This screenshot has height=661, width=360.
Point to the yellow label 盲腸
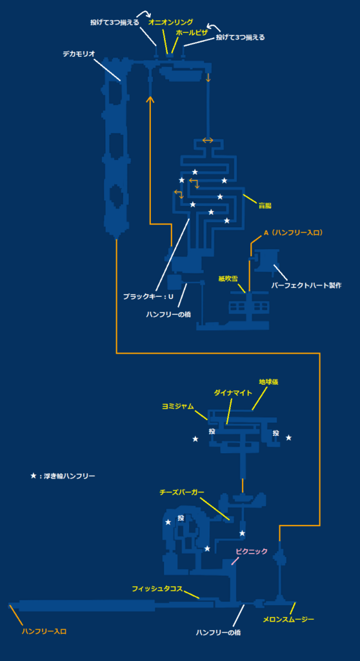pos(265,205)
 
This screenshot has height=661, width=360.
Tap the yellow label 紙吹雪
pos(228,279)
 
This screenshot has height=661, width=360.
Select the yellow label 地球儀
pos(268,381)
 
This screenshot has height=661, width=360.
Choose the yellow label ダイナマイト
pos(233,392)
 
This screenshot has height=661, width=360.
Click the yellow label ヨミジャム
pos(178,406)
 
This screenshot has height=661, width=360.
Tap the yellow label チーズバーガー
pos(182,492)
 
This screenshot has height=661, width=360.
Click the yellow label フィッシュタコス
pos(157,589)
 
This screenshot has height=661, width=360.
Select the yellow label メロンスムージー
pos(288,620)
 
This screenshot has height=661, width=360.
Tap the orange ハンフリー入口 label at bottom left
pos(44,631)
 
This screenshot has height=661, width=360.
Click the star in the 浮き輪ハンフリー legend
pos(34,476)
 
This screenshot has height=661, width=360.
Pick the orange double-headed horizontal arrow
pos(208,140)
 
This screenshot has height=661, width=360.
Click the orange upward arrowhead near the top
pos(150,99)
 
